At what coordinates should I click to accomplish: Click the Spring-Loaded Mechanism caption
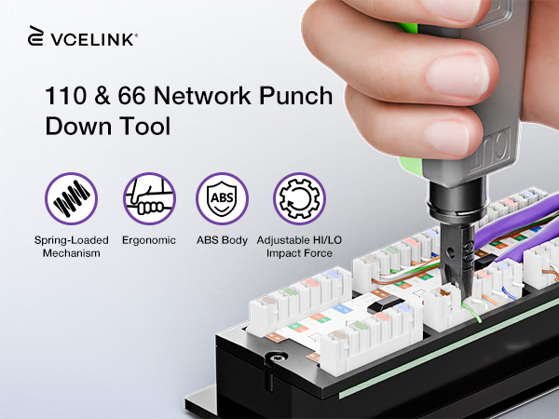pyautogui.click(x=72, y=247)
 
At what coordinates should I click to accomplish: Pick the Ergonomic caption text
pyautogui.click(x=149, y=240)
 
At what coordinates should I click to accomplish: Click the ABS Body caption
pyautogui.click(x=222, y=240)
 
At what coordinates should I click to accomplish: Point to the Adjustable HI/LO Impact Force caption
pyautogui.click(x=299, y=247)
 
